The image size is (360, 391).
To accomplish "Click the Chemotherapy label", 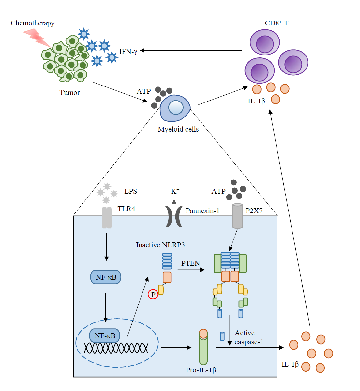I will (x=33, y=23).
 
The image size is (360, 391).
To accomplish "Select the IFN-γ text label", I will (x=128, y=51).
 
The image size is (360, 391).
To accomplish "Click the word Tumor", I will (x=69, y=93).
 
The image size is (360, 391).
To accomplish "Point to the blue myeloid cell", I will (x=175, y=108).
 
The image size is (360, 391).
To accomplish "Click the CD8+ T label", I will (x=277, y=23).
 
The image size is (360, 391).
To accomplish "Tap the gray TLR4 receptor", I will (x=107, y=217).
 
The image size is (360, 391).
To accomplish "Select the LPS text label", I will (x=130, y=191).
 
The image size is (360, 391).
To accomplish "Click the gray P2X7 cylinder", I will (x=237, y=216).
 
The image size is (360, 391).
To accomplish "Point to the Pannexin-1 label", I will (x=202, y=211).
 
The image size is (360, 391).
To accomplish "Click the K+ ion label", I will (x=175, y=191).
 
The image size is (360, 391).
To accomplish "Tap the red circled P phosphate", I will (x=153, y=294).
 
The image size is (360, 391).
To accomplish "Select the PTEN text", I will (x=190, y=263).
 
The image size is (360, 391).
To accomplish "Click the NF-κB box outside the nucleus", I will (x=106, y=277).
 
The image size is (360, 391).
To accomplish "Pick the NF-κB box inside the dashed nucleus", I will (x=105, y=336).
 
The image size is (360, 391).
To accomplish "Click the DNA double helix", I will (x=116, y=348).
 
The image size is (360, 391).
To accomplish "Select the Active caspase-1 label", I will (x=249, y=337).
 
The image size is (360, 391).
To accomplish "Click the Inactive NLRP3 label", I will (x=160, y=245).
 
